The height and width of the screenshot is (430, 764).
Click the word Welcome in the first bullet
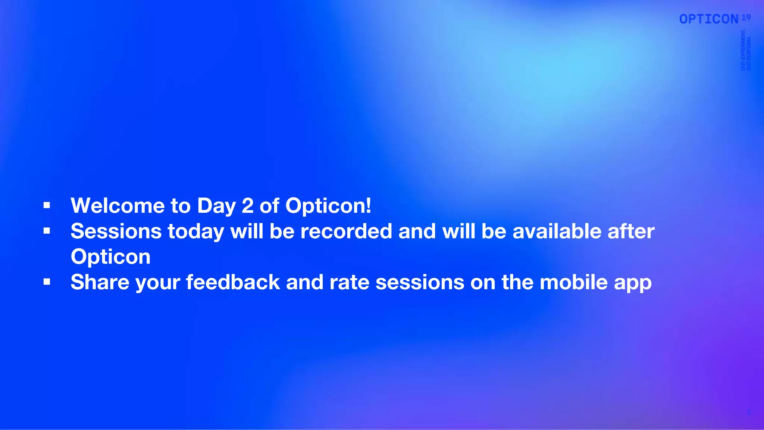coord(118,206)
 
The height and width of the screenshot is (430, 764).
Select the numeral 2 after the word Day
coord(248,206)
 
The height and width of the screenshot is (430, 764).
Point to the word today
coord(196,232)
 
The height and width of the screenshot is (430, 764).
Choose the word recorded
coord(346,231)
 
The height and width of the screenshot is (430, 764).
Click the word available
coord(557,231)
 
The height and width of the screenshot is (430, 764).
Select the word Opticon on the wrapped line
coord(110,257)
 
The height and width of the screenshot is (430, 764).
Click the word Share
coord(100,282)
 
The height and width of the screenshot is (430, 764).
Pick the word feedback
coord(233,282)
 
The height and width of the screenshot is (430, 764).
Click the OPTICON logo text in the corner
coord(709,19)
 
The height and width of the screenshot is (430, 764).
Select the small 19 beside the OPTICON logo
coord(746,17)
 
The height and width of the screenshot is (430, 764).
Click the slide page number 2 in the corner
coord(749,412)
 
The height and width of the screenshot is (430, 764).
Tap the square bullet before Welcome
coord(47,205)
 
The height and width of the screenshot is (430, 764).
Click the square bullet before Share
coord(47,282)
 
